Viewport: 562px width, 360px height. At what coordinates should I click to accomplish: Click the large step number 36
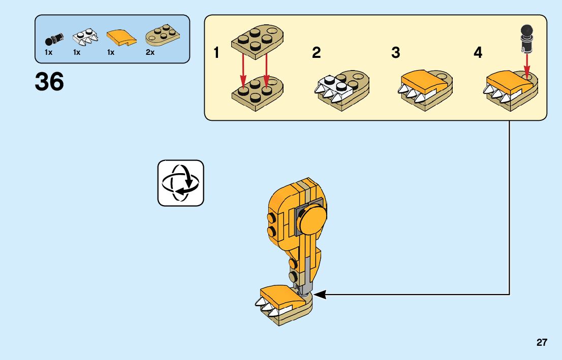click(x=49, y=82)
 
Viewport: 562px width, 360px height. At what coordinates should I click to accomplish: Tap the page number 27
click(x=542, y=343)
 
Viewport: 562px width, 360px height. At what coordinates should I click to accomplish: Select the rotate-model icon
click(x=180, y=183)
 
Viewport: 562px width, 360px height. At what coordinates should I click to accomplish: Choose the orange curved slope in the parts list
click(x=120, y=37)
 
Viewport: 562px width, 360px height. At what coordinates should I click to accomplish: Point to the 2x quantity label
click(x=150, y=52)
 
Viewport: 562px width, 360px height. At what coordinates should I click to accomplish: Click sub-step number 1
click(x=217, y=53)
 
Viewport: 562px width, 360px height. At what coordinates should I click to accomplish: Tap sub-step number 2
click(x=316, y=53)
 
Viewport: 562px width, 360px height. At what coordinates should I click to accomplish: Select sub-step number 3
click(x=396, y=53)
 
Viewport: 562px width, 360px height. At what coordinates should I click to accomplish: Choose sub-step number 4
click(x=478, y=53)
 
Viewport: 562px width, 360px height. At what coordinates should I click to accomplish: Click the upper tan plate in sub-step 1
click(x=257, y=40)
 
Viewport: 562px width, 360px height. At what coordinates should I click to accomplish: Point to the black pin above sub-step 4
click(x=526, y=37)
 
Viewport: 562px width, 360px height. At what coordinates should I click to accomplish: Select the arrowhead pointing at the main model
click(x=318, y=293)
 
